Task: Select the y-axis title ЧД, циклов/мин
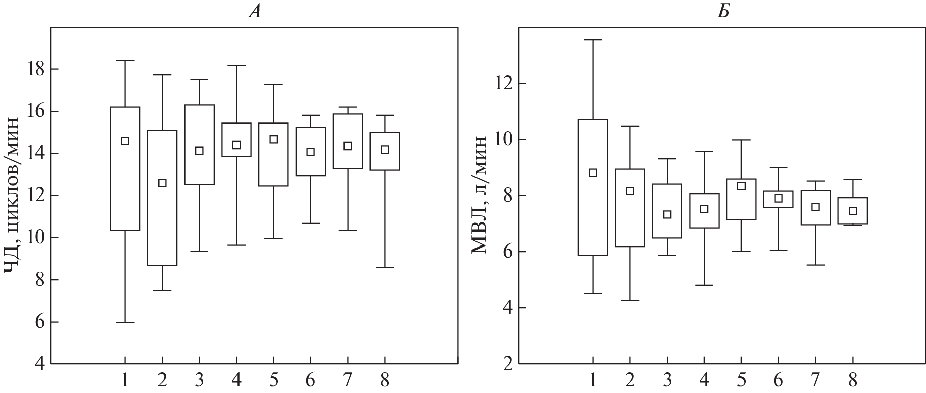[13, 196]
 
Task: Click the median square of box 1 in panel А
[125, 141]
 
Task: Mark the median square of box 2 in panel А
[162, 183]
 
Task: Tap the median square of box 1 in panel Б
[593, 173]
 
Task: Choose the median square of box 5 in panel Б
[742, 186]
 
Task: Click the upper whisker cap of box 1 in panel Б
[593, 40]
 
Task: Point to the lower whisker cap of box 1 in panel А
[125, 322]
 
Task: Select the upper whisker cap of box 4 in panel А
[236, 65]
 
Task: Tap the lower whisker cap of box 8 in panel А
[385, 267]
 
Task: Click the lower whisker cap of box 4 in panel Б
[704, 285]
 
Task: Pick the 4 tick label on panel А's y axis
[39, 364]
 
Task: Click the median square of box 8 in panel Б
[853, 211]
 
